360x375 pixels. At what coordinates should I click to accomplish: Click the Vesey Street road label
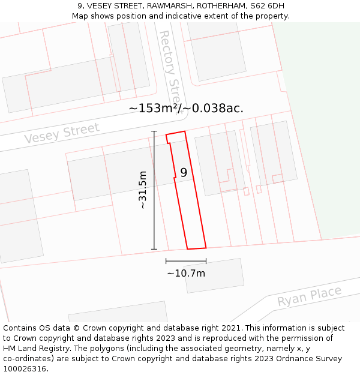pyautogui.click(x=62, y=133)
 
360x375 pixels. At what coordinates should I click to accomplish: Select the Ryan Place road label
pyautogui.click(x=309, y=296)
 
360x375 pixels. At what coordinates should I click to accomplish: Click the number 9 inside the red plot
pyautogui.click(x=184, y=172)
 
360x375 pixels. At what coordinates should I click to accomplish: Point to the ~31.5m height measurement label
pyautogui.click(x=142, y=190)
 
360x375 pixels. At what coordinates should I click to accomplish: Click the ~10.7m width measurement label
pyautogui.click(x=186, y=274)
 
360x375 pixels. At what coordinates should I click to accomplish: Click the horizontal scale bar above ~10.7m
pyautogui.click(x=186, y=261)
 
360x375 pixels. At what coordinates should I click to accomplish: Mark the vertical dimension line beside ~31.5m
pyautogui.click(x=154, y=190)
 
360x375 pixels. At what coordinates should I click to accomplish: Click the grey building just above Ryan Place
pyautogui.click(x=214, y=275)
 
